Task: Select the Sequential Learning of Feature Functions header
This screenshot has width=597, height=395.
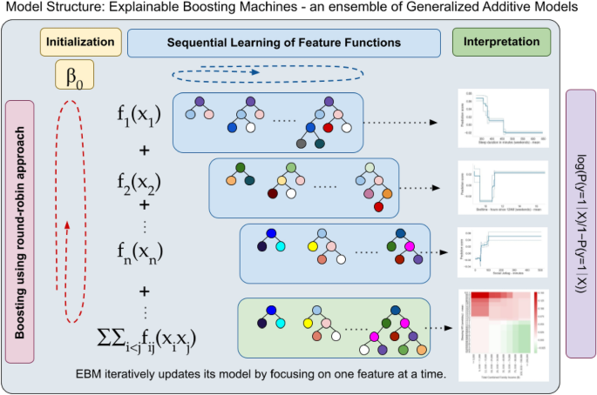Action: pyautogui.click(x=283, y=42)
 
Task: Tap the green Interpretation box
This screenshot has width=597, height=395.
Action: pyautogui.click(x=501, y=41)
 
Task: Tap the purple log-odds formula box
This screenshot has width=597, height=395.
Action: pyautogui.click(x=580, y=223)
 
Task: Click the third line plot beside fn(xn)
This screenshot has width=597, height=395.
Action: pyautogui.click(x=502, y=255)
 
